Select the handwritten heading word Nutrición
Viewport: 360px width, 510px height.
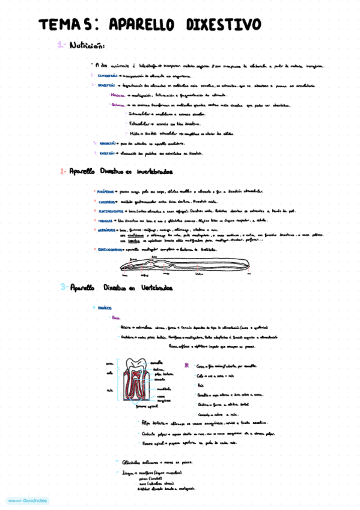pyautogui.click(x=88, y=45)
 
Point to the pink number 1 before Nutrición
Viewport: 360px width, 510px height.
pyautogui.click(x=61, y=45)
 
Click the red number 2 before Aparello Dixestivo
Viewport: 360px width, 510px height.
pyautogui.click(x=63, y=171)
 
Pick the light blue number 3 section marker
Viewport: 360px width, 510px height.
pyautogui.click(x=63, y=287)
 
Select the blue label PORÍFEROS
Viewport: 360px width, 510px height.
pyautogui.click(x=106, y=191)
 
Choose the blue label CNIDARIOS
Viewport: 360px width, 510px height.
pyautogui.click(x=107, y=201)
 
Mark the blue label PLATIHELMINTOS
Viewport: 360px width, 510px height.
pyautogui.click(x=110, y=212)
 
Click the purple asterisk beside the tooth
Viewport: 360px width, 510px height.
pyautogui.click(x=186, y=365)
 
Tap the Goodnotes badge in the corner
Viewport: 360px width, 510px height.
pyautogui.click(x=28, y=500)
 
